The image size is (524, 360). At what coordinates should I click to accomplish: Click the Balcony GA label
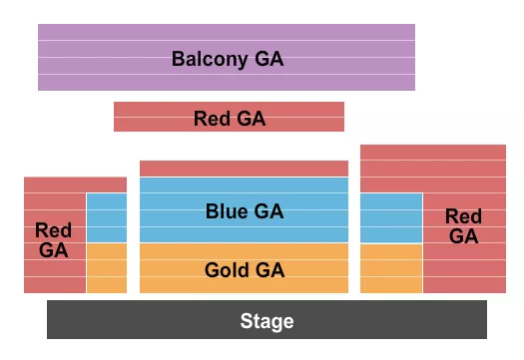click(228, 59)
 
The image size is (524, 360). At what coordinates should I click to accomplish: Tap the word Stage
click(266, 321)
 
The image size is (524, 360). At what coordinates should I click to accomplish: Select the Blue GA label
click(245, 211)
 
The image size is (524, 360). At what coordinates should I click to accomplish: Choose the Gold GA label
click(245, 270)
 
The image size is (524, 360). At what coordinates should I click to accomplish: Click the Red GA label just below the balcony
click(230, 119)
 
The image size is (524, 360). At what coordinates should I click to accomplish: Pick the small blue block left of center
click(107, 217)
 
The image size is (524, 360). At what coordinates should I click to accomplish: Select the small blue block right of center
click(391, 217)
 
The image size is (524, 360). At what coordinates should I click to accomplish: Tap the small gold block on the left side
click(107, 267)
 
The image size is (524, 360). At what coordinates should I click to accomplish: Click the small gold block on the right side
click(391, 267)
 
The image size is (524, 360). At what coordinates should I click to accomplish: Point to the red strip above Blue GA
click(245, 169)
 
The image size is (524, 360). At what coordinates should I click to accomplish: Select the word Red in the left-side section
click(54, 231)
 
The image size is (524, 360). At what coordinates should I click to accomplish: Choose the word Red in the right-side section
click(463, 216)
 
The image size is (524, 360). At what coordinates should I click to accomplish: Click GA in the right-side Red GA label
click(463, 236)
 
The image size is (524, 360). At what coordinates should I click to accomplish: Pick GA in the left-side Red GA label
click(54, 250)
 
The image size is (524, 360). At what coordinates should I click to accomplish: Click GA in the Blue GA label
click(268, 211)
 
